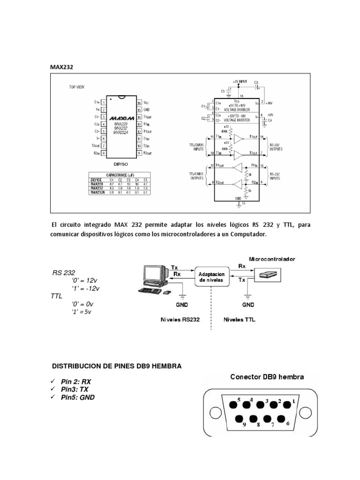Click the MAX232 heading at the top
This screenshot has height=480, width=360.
point(62,67)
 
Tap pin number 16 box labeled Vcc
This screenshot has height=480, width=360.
point(139,102)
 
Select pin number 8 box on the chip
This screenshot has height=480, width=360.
point(103,153)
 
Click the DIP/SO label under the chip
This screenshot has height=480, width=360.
point(121,165)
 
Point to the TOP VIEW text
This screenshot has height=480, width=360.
point(77,87)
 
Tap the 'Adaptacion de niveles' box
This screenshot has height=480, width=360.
point(211,277)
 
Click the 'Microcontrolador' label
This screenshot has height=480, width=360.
point(272,258)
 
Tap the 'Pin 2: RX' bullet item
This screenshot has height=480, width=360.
point(75,382)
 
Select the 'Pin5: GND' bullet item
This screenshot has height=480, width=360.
point(77,397)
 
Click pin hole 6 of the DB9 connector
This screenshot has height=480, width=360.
point(283,419)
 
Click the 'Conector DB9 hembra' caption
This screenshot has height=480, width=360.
point(266,376)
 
